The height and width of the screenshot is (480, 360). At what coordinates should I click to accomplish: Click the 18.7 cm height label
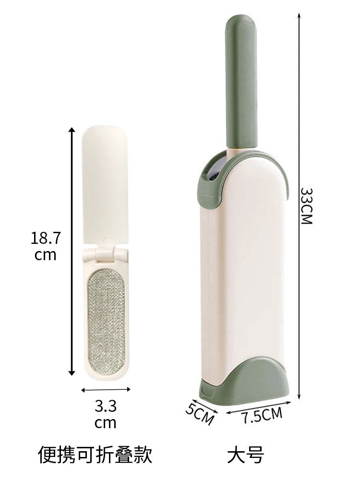click(x=46, y=246)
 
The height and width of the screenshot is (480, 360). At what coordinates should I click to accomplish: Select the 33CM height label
click(x=306, y=206)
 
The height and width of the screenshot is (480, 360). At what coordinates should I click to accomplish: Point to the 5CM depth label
click(x=200, y=414)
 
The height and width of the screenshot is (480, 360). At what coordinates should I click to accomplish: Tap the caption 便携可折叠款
click(x=95, y=455)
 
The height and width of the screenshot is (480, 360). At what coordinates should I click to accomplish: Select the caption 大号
click(x=246, y=455)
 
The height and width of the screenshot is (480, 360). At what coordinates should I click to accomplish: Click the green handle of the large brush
click(x=240, y=83)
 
